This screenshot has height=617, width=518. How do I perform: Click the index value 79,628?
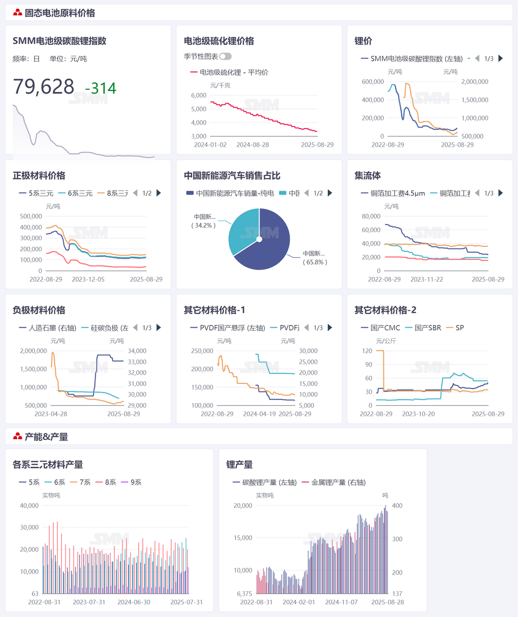click(44, 87)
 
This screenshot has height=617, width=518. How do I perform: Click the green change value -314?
click(101, 89)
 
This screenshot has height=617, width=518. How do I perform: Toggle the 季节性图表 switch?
click(225, 57)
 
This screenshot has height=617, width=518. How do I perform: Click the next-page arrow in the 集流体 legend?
click(500, 193)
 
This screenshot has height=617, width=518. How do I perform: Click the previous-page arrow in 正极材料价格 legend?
click(135, 193)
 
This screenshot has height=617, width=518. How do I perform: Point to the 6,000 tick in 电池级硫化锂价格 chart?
click(199, 95)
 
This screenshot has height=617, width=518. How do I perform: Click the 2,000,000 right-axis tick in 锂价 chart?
click(474, 81)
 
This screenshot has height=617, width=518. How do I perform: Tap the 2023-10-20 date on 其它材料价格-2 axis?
click(418, 414)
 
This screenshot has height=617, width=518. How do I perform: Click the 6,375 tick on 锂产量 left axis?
click(244, 594)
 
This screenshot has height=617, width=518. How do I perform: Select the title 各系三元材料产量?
click(48, 464)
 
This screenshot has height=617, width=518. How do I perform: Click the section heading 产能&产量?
click(46, 436)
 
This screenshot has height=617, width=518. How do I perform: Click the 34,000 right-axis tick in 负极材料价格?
click(137, 351)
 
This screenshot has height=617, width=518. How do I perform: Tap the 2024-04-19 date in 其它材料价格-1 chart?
click(259, 414)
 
